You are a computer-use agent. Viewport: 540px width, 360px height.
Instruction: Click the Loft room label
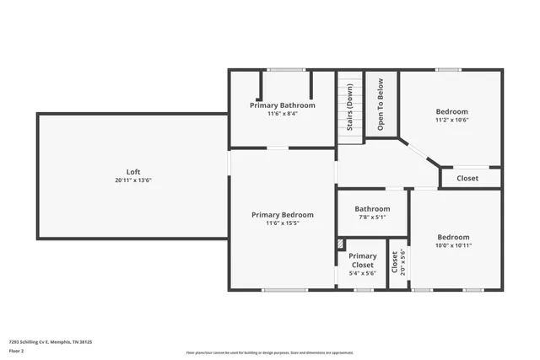tap(133, 172)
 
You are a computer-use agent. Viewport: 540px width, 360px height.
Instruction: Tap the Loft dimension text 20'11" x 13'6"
tap(133, 180)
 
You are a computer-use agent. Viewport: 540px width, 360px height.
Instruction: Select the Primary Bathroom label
tap(282, 105)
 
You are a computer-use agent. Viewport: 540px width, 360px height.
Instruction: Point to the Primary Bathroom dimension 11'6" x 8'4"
tap(282, 114)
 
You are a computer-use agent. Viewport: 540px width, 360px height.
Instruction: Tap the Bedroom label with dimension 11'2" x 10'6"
tap(451, 111)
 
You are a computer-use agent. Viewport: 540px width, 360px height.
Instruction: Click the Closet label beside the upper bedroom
tap(467, 179)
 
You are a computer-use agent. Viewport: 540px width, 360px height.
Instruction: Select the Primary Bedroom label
tap(283, 215)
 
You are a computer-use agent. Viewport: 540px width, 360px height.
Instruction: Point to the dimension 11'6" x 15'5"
tap(283, 223)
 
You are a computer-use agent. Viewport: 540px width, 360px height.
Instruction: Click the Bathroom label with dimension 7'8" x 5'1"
tap(372, 209)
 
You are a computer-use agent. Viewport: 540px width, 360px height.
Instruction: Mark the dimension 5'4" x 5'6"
tap(363, 274)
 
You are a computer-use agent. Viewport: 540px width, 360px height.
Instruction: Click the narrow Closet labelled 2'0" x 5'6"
tap(394, 262)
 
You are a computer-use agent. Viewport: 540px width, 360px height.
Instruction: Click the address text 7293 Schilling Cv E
tap(51, 342)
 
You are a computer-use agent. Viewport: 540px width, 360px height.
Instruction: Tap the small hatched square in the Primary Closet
tap(340, 244)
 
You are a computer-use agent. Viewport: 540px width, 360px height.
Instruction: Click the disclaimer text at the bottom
tap(270, 352)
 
